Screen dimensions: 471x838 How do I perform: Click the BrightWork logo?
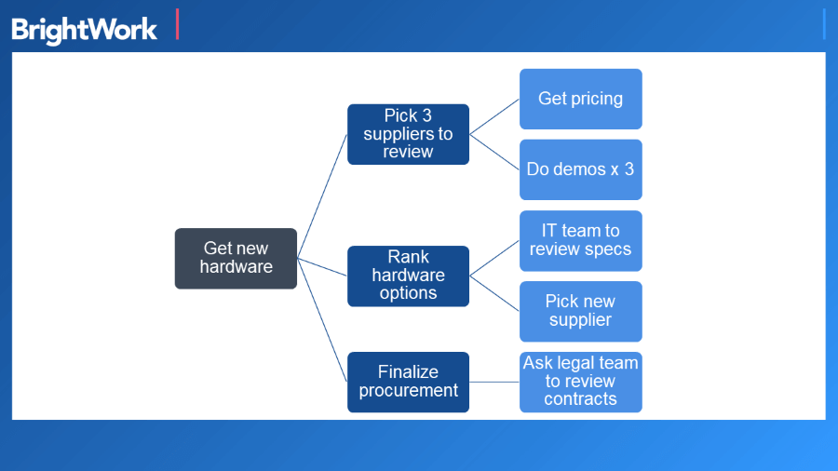84,29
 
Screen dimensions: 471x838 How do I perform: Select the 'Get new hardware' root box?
236,258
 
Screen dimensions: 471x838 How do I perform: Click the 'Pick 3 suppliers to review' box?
408,134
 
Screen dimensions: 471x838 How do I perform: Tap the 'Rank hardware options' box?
408,276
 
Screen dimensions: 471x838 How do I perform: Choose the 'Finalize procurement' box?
408,382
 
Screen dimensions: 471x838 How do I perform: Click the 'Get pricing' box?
580,99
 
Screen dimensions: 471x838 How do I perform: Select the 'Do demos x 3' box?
580,169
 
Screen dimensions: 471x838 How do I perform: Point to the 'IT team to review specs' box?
580,240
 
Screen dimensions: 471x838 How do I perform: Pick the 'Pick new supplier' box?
580,311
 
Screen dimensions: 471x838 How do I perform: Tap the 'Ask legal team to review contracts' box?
580,382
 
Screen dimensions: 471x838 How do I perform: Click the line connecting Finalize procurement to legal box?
494,382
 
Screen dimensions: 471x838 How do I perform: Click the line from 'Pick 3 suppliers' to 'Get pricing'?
494,116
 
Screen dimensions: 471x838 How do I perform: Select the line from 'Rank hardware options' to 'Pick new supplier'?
494,293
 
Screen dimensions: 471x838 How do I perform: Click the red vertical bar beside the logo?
177,24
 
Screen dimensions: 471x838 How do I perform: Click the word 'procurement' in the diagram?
408,391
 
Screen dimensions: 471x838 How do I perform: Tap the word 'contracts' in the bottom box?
580,399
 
